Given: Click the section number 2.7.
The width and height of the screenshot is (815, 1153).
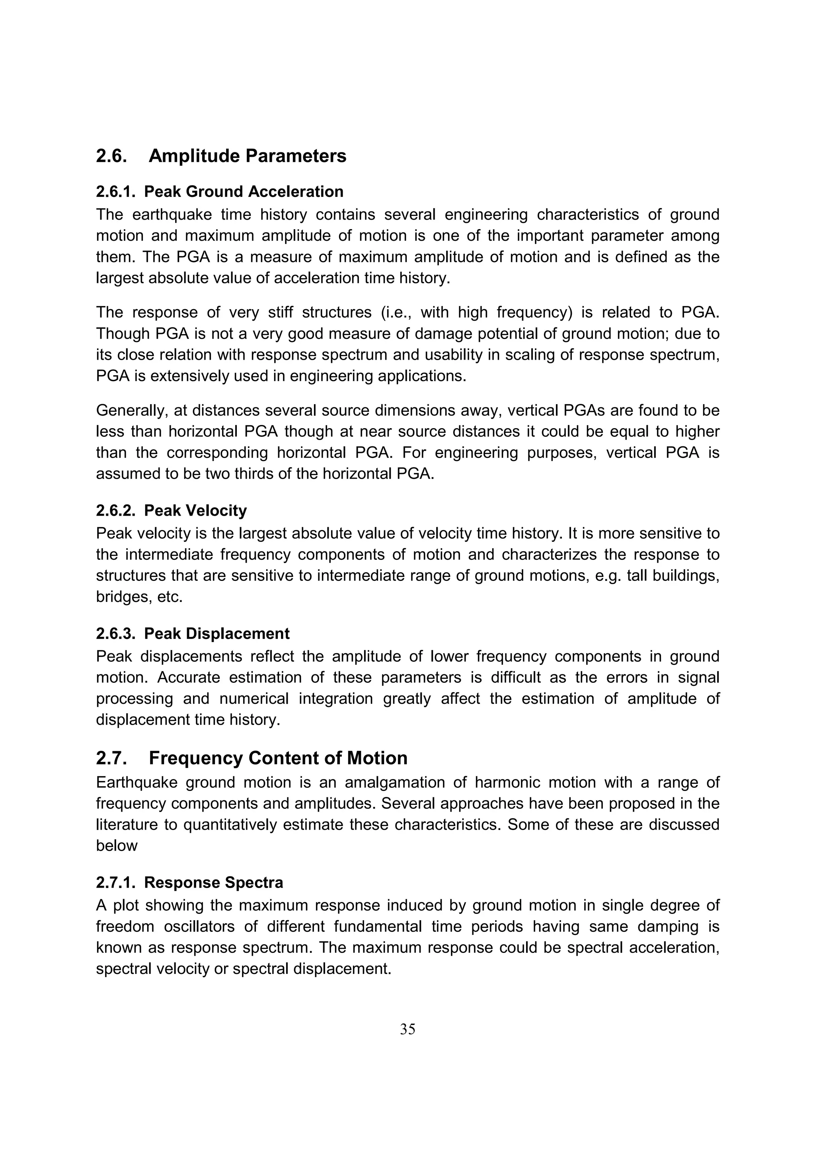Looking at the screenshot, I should point(111,758).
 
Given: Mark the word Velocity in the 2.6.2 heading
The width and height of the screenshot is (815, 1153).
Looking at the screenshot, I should point(216,511).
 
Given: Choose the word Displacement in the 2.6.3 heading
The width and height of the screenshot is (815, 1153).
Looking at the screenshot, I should point(238,634).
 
